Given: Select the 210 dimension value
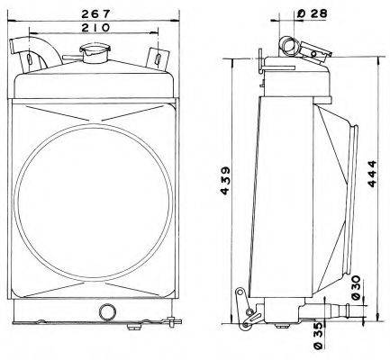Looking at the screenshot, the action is [96, 28].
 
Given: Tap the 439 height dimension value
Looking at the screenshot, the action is [225, 181].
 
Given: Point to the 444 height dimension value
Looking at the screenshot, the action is [372, 175].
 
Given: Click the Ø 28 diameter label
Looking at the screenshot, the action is [312, 13].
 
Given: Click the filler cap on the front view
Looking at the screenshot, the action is [95, 53].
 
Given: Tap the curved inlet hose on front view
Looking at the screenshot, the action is [36, 53].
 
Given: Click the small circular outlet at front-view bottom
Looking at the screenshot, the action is [107, 311].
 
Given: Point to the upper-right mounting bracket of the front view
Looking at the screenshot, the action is [157, 58].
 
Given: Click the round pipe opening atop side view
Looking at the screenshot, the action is [288, 45].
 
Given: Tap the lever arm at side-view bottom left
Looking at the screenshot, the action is [245, 308].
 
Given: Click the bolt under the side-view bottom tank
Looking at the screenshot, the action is [282, 326].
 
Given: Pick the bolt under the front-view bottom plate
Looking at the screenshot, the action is [134, 326].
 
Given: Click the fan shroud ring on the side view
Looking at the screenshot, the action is [352, 197].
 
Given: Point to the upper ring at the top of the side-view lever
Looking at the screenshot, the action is [240, 292].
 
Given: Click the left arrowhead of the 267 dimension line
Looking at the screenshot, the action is [12, 21].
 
